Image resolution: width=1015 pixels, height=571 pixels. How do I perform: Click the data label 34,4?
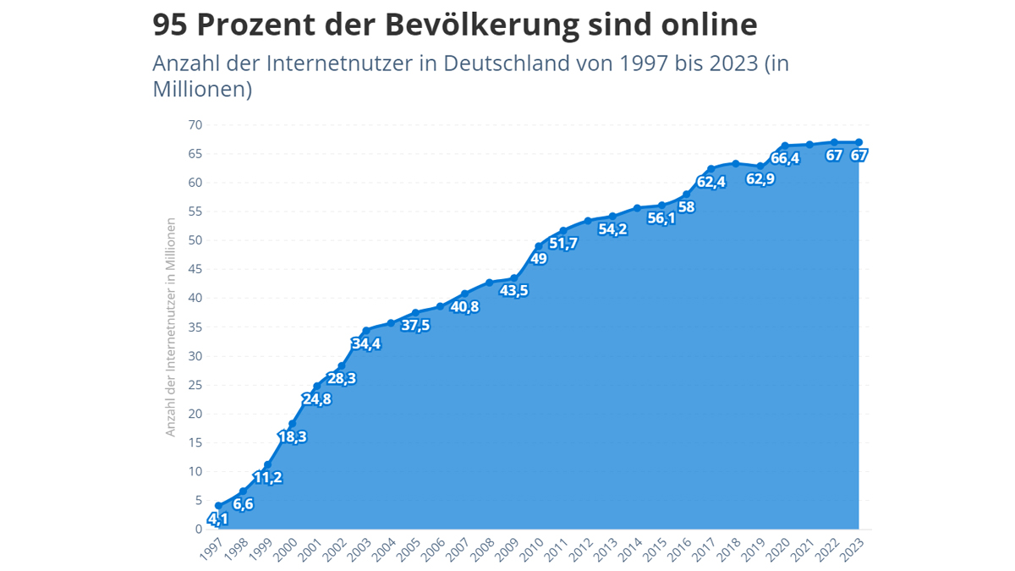pyautogui.click(x=366, y=343)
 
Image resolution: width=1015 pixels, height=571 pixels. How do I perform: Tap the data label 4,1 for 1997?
pyautogui.click(x=217, y=519)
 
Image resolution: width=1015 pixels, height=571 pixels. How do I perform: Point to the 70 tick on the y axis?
pyautogui.click(x=195, y=125)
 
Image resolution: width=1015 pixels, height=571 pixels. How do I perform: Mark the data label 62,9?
pyautogui.click(x=760, y=178)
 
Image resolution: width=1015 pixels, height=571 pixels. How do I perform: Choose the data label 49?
pyautogui.click(x=538, y=259)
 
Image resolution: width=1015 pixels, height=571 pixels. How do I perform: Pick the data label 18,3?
pyautogui.click(x=292, y=436)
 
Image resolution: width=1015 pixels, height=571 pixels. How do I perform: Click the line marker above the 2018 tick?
pyautogui.click(x=735, y=163)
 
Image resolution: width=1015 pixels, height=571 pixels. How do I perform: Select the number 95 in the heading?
pyautogui.click(x=171, y=25)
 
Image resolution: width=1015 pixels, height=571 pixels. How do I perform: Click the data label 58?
pyautogui.click(x=686, y=207)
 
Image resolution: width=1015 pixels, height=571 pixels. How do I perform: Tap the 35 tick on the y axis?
pyautogui.click(x=195, y=327)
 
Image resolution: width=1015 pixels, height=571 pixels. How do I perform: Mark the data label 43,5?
pyautogui.click(x=513, y=290)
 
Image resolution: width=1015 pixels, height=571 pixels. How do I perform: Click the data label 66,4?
pyautogui.click(x=785, y=158)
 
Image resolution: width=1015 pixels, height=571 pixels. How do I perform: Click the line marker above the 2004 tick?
pyautogui.click(x=391, y=322)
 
